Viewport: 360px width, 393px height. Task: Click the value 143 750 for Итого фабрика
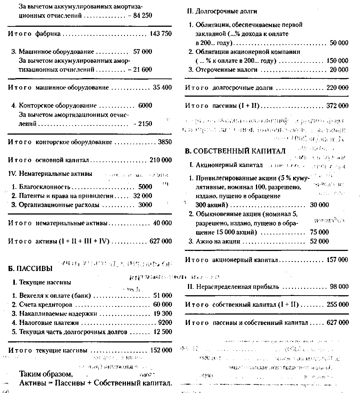click(x=160, y=34)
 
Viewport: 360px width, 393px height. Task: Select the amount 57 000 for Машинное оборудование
click(x=142, y=52)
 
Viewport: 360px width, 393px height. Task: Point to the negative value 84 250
click(x=140, y=16)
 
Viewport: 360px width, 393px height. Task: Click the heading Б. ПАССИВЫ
click(x=30, y=268)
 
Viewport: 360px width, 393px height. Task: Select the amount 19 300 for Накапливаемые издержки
click(x=162, y=313)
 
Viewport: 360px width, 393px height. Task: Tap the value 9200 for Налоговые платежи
click(x=165, y=322)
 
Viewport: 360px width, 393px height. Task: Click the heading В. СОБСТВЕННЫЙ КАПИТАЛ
click(x=235, y=151)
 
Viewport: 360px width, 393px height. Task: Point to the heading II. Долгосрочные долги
click(x=222, y=12)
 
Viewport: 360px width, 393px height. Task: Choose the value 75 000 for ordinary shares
click(x=319, y=232)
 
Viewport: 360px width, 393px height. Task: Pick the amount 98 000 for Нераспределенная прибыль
click(x=339, y=287)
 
